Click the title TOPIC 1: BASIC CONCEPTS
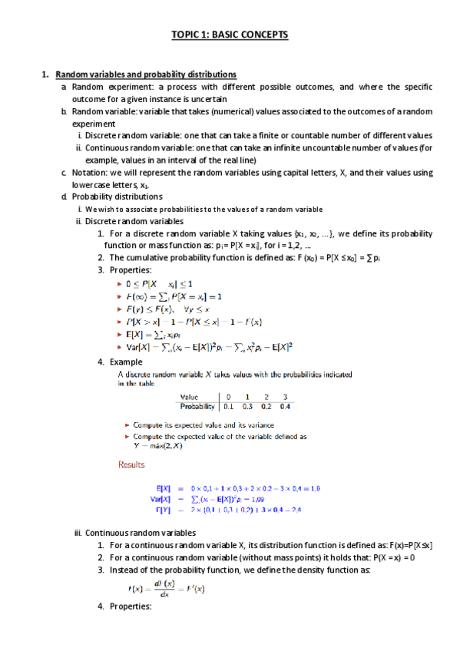click(230, 36)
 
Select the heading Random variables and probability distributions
click(146, 74)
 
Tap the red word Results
click(131, 464)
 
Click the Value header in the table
click(193, 398)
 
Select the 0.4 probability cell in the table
click(286, 407)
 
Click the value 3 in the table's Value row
click(286, 398)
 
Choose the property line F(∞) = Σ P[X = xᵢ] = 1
click(173, 296)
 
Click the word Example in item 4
click(126, 362)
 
